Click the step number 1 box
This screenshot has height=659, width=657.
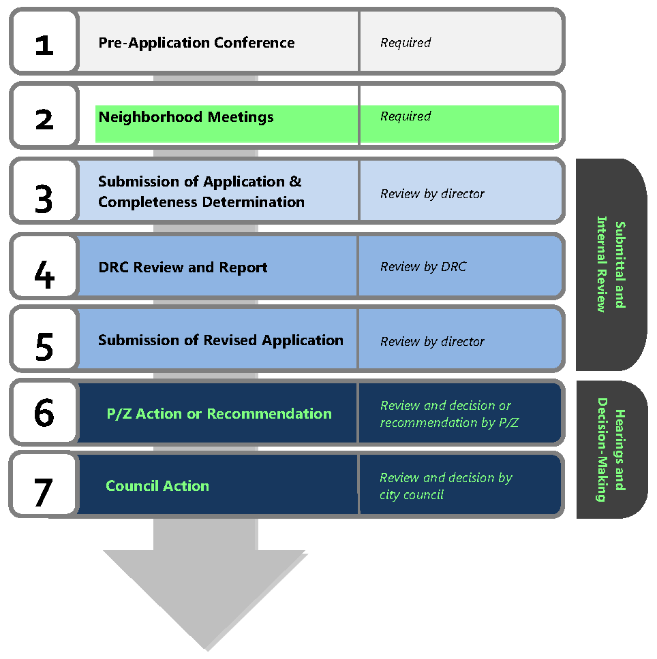click(44, 42)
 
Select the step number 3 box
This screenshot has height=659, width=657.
click(44, 193)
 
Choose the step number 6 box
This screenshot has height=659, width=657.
click(44, 413)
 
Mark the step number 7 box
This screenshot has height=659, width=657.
click(43, 485)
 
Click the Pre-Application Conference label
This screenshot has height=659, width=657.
click(196, 42)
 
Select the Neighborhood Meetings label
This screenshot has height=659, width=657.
click(185, 117)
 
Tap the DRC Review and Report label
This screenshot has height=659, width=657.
click(183, 268)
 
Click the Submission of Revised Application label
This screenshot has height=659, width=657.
click(220, 340)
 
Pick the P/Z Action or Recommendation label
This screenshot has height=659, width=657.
click(219, 414)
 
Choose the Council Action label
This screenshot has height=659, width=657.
click(157, 486)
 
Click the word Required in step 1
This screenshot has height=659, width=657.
click(406, 42)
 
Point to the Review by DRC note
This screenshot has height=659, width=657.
click(423, 267)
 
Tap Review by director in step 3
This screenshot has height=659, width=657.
click(432, 194)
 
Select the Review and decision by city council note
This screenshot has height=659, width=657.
click(446, 486)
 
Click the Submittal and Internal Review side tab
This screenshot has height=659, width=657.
click(611, 266)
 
